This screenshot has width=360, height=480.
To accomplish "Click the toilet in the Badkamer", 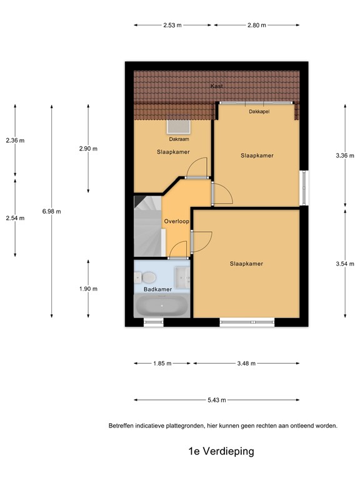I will pyautogui.click(x=149, y=276).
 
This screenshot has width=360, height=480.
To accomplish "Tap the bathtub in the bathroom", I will pyautogui.click(x=161, y=307).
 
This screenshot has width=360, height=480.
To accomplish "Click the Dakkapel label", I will pyautogui.click(x=259, y=111).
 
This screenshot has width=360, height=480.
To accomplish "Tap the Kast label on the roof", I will pyautogui.click(x=217, y=86).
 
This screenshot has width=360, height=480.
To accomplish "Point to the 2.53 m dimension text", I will pyautogui.click(x=172, y=25).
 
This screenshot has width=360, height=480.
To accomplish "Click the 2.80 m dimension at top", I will pyautogui.click(x=256, y=25).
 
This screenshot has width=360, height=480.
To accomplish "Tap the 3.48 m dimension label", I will pyautogui.click(x=246, y=362).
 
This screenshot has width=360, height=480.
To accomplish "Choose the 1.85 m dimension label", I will pyautogui.click(x=162, y=362).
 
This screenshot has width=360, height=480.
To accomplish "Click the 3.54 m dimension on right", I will pyautogui.click(x=346, y=264).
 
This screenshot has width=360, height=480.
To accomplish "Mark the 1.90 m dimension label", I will pyautogui.click(x=88, y=289).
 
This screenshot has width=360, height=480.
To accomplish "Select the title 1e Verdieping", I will pyautogui.click(x=221, y=450).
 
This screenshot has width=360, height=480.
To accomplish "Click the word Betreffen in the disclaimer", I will pyautogui.click(x=122, y=426).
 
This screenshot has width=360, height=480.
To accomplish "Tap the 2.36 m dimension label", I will pyautogui.click(x=15, y=141).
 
